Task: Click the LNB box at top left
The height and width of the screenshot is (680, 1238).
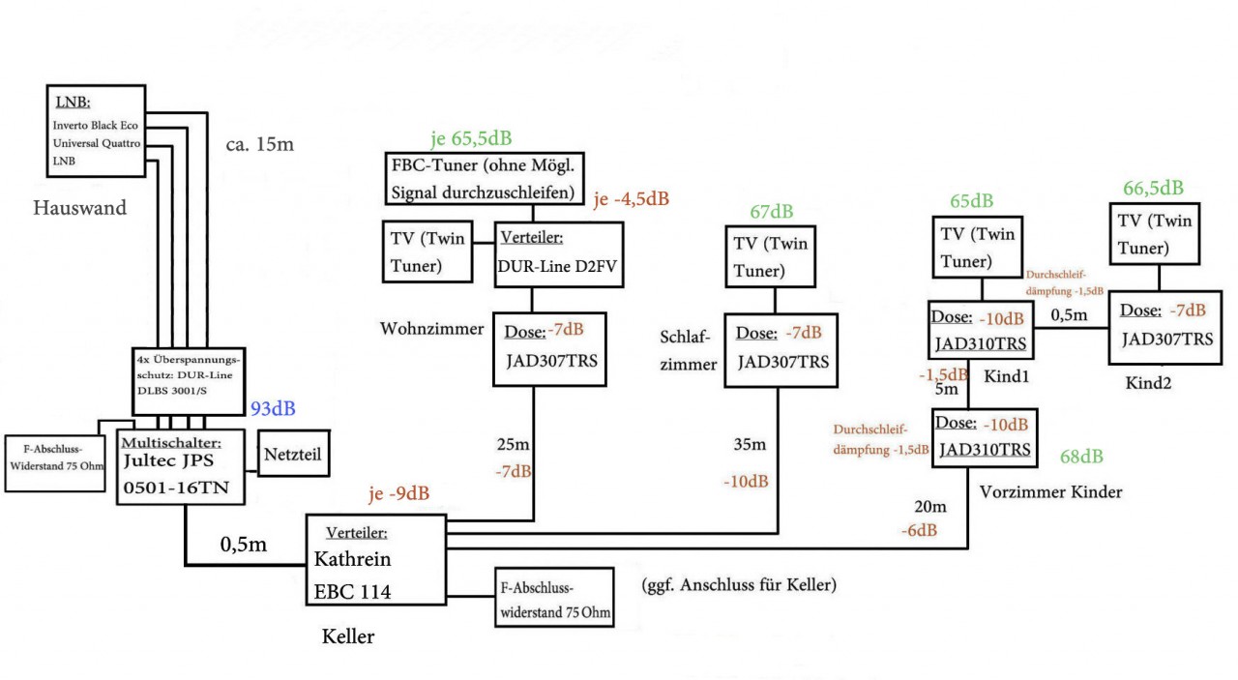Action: tap(96, 130)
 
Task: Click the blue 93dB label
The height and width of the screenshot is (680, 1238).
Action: tap(273, 409)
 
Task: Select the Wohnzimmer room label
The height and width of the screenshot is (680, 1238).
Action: tap(431, 329)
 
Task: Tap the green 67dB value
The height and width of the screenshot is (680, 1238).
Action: tap(771, 212)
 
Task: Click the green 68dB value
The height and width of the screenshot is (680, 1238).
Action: tap(1081, 457)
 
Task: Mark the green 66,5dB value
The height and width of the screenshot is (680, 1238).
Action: tap(1153, 188)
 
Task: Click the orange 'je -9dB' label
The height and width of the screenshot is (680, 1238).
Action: tap(398, 495)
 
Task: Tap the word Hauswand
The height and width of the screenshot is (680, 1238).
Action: tap(80, 208)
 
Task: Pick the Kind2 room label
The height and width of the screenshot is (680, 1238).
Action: tap(1148, 383)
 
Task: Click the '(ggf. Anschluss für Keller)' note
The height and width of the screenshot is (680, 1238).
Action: tap(738, 584)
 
